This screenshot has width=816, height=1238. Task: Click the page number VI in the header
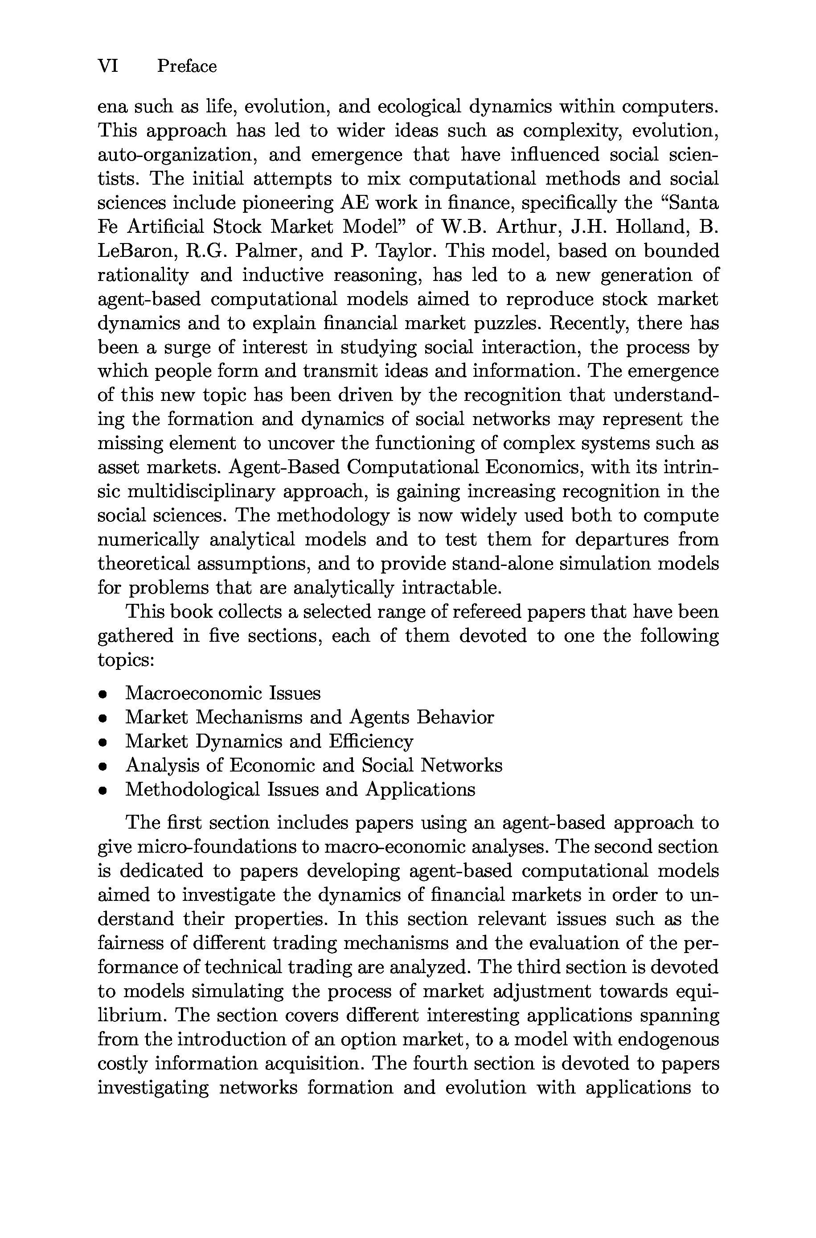coord(108,66)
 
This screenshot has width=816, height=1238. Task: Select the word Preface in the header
coord(187,66)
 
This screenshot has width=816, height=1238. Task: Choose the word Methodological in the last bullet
coord(192,789)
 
